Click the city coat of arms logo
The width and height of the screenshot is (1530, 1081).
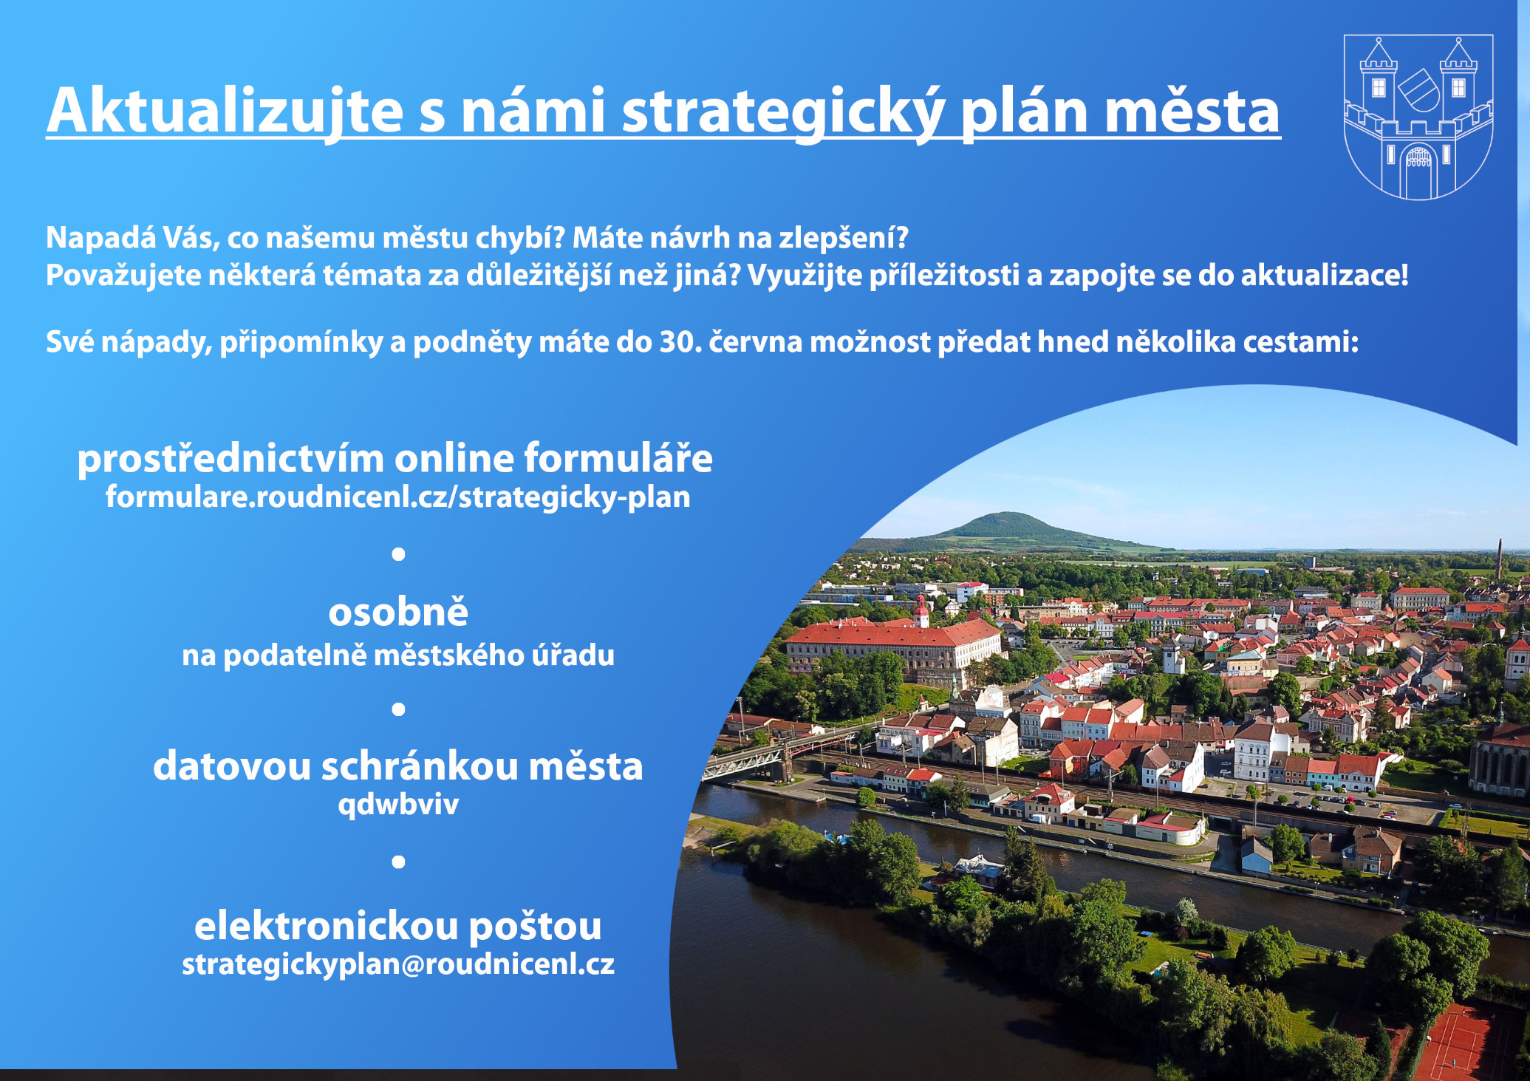pos(1418,117)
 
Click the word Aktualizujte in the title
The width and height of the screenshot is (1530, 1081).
pos(225,112)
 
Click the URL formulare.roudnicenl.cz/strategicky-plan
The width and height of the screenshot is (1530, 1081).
pos(397,497)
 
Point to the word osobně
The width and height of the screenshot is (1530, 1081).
pos(398,612)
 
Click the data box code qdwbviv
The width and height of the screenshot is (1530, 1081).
pos(398,804)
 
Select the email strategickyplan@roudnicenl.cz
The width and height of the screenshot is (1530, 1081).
pos(398,964)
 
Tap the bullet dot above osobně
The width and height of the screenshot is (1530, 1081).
pos(398,554)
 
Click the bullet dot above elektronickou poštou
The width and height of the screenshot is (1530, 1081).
pos(398,862)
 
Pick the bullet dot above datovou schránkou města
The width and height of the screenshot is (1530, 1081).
pos(398,709)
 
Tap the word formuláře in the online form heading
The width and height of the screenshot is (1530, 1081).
pos(618,459)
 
